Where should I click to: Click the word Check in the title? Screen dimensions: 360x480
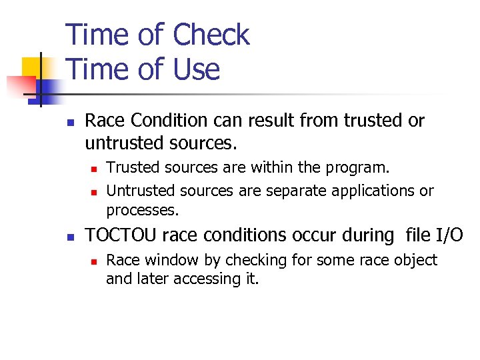(211, 35)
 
